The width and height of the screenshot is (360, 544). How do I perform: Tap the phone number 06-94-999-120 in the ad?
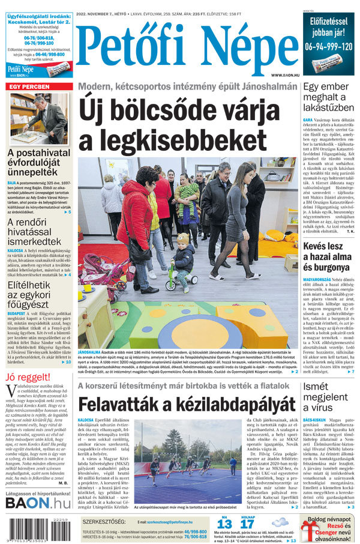click(x=328, y=47)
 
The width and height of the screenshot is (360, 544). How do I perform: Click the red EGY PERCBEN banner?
click(x=29, y=87)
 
